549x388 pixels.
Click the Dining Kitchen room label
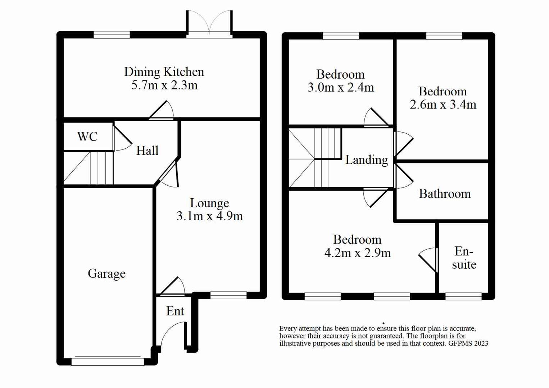(x=164, y=72)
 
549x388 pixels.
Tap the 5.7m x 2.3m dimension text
(x=164, y=86)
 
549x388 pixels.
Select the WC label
(x=87, y=137)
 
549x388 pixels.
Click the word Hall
(x=147, y=151)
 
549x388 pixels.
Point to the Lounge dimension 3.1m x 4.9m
(x=209, y=216)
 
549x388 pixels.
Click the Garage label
(x=106, y=273)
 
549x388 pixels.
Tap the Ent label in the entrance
(x=175, y=311)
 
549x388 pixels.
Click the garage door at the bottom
(x=108, y=361)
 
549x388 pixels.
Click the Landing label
(x=367, y=160)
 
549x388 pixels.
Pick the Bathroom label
(x=445, y=194)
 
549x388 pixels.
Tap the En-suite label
(x=464, y=258)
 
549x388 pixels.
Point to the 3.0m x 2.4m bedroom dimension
(x=341, y=88)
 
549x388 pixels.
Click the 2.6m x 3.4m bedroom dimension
(x=443, y=105)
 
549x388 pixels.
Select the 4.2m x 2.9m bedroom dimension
(x=357, y=253)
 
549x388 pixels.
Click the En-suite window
(x=463, y=296)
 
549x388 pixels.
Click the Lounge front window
(x=228, y=295)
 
